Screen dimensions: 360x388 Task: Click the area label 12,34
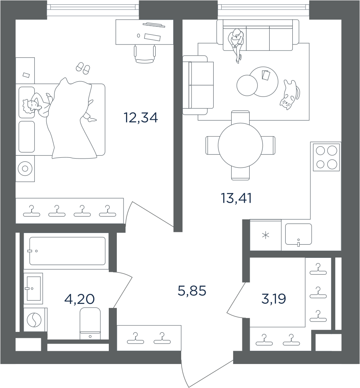click(141, 118)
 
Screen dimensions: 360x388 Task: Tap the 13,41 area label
click(236, 199)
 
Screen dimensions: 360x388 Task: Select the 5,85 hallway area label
click(192, 291)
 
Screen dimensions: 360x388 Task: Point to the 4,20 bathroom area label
click(79, 299)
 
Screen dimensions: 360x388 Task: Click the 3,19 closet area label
click(274, 299)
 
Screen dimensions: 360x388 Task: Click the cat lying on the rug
click(290, 94)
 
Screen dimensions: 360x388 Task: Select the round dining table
click(240, 145)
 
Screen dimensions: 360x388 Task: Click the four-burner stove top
click(326, 157)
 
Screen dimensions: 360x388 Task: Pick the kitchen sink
click(298, 235)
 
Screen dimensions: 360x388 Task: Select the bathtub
click(67, 251)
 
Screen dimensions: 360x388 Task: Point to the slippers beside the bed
click(83, 68)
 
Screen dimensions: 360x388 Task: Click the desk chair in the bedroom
click(145, 54)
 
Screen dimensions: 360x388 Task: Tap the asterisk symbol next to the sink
click(266, 235)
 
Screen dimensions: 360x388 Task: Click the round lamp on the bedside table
click(25, 169)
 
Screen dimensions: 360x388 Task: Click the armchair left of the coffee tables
click(198, 85)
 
